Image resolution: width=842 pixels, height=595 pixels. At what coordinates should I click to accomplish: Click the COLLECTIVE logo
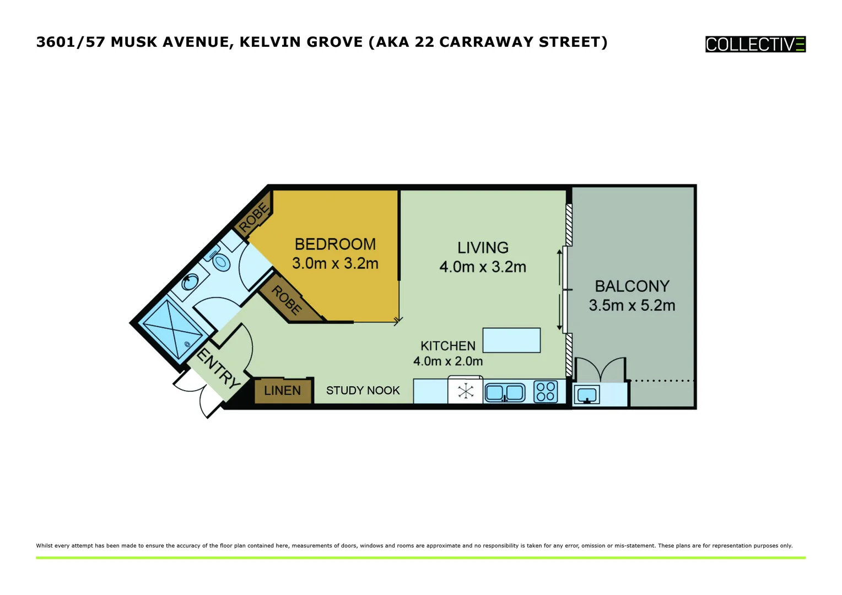click(755, 44)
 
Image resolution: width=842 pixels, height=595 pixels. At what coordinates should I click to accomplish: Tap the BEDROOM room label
click(335, 244)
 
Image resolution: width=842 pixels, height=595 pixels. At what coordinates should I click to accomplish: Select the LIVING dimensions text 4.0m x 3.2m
click(482, 267)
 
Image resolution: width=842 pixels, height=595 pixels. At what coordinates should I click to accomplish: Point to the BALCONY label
click(632, 286)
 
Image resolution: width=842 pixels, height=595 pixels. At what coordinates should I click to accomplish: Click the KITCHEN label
click(447, 346)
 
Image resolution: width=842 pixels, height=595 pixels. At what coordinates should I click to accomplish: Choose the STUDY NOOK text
click(363, 391)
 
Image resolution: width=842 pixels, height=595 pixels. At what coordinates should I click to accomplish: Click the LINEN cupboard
click(283, 391)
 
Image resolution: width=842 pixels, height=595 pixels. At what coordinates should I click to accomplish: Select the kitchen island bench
click(511, 340)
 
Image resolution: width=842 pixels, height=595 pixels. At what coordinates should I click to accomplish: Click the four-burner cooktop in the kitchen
click(546, 392)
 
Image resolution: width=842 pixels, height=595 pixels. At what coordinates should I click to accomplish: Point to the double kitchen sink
click(505, 392)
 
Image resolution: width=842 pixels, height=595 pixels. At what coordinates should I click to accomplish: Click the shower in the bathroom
click(172, 329)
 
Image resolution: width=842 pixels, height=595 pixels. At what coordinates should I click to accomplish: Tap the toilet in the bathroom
click(220, 261)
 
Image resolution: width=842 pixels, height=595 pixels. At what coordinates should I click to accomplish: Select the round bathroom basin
click(190, 282)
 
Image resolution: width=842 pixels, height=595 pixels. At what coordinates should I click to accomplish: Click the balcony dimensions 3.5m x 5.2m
click(631, 305)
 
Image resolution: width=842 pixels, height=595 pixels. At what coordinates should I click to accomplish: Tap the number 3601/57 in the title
click(71, 42)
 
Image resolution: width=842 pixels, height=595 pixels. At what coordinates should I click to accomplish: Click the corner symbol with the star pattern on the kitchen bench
click(466, 392)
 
